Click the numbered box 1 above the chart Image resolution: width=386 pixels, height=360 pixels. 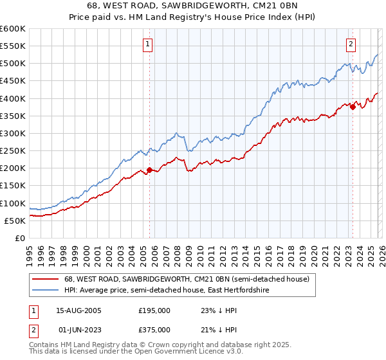149,44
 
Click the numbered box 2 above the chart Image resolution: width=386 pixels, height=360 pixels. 351,44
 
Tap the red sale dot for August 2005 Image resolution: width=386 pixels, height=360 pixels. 150,170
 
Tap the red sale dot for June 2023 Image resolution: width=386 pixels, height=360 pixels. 353,107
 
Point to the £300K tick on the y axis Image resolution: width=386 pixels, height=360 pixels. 13,133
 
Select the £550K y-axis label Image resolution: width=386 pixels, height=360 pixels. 13,46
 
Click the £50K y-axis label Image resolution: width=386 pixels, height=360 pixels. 15,221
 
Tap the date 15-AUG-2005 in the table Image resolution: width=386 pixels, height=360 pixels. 75,310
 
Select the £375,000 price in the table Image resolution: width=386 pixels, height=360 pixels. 154,330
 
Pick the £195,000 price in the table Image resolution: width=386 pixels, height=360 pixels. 154,310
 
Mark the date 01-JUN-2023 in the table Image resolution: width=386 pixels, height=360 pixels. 75,330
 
